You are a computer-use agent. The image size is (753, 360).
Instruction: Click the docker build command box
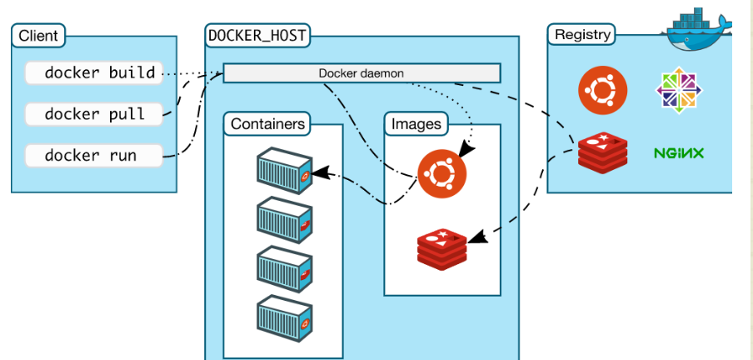coord(93,73)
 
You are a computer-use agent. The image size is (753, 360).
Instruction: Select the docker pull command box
coord(93,113)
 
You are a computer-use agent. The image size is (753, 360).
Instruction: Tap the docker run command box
coord(93,155)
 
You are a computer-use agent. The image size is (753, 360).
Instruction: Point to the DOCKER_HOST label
coord(257,35)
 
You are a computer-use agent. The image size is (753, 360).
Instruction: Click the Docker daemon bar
coord(362,73)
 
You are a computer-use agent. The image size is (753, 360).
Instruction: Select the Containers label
coord(267,124)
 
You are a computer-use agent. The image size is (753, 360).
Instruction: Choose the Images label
coord(416,125)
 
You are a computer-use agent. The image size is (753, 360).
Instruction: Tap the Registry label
coord(582,35)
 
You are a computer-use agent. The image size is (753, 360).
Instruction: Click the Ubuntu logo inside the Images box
coord(441,175)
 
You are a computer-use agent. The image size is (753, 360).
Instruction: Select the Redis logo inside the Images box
coord(441,246)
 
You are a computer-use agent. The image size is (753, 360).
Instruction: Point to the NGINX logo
coord(679,153)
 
